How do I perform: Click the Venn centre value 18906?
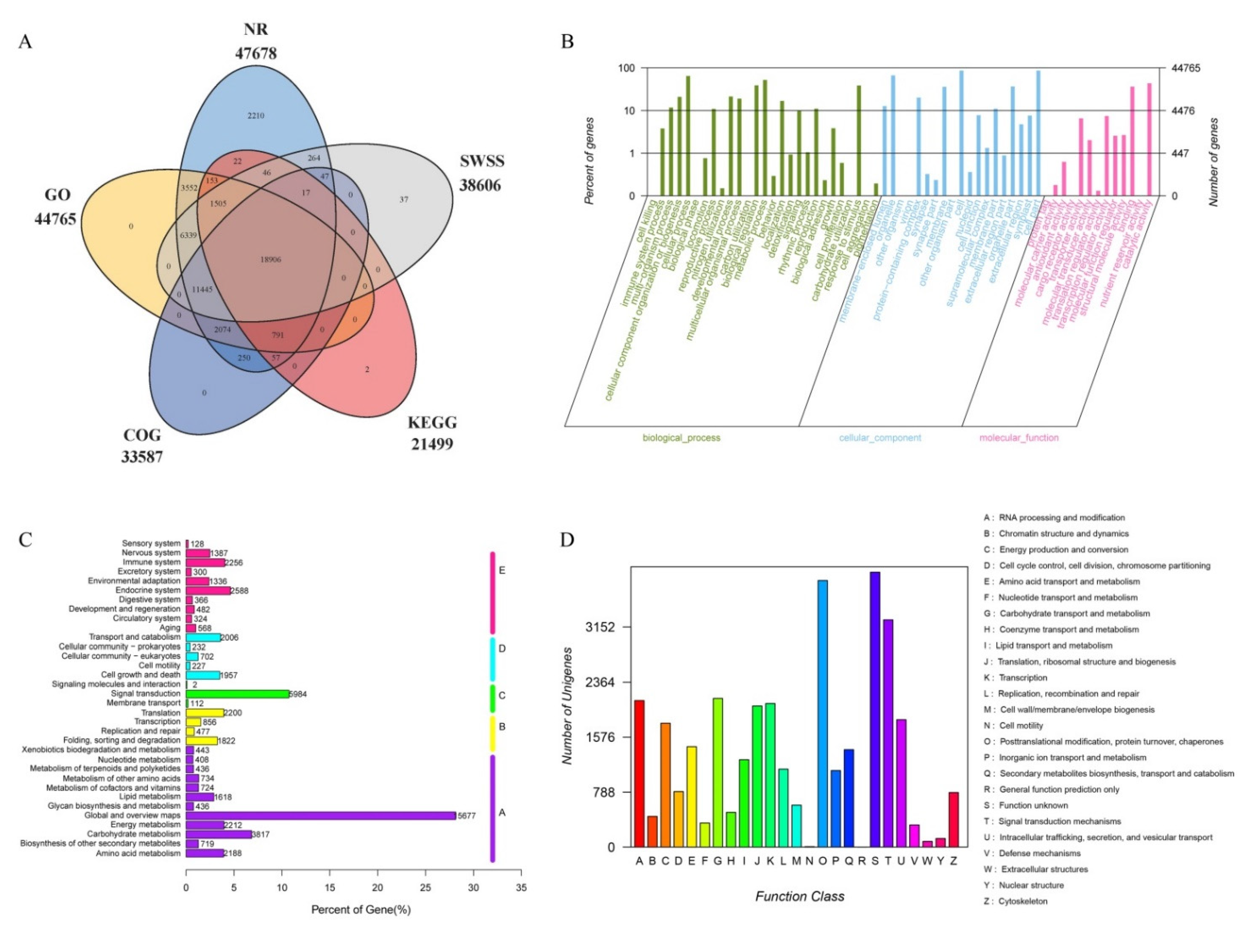click(x=271, y=260)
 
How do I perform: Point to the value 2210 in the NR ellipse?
click(x=256, y=116)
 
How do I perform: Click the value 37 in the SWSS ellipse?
click(x=404, y=200)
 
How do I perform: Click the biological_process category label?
click(x=681, y=438)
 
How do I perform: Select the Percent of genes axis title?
click(x=590, y=161)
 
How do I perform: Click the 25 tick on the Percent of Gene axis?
click(x=426, y=888)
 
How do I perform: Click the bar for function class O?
click(x=822, y=713)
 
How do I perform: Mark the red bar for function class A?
click(x=639, y=773)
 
